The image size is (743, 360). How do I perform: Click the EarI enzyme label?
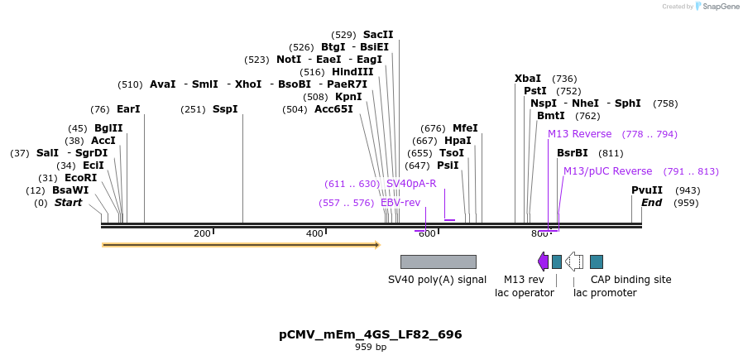(x=128, y=109)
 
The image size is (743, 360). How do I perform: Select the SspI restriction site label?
(x=225, y=109)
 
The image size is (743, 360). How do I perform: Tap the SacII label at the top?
(x=378, y=35)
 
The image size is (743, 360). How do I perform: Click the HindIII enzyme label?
(x=353, y=72)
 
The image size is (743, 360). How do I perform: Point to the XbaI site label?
(x=528, y=79)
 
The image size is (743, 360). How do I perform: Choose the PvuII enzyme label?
(x=647, y=190)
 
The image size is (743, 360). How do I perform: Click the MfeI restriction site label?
(x=465, y=128)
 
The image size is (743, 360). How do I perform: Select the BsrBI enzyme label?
(x=573, y=153)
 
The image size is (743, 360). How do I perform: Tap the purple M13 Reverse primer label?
(x=579, y=134)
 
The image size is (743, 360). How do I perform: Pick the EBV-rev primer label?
(x=400, y=203)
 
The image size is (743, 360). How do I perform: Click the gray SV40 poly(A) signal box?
(x=438, y=262)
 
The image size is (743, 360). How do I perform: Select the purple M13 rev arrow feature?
(x=543, y=262)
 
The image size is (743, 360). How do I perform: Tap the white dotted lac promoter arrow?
(x=574, y=262)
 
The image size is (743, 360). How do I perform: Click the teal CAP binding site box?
(x=597, y=262)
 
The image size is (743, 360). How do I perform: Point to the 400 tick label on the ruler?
(x=314, y=234)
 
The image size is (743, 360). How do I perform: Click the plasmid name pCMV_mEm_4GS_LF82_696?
(x=371, y=334)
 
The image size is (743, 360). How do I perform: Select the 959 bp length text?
(x=371, y=348)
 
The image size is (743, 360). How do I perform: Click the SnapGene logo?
(x=718, y=7)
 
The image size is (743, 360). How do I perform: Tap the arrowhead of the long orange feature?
(x=376, y=245)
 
